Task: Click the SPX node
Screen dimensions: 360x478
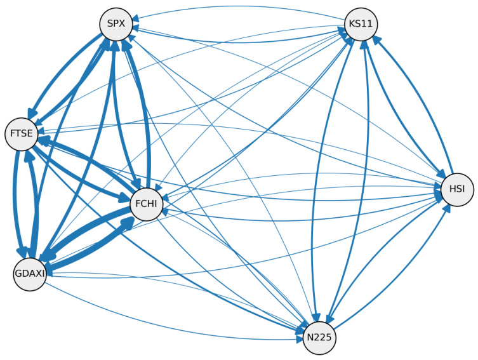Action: point(116,25)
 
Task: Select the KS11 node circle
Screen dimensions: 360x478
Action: point(361,25)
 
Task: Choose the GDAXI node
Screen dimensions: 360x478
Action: point(29,274)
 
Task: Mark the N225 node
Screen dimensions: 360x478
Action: point(319,337)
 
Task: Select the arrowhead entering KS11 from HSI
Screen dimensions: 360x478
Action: point(375,39)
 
